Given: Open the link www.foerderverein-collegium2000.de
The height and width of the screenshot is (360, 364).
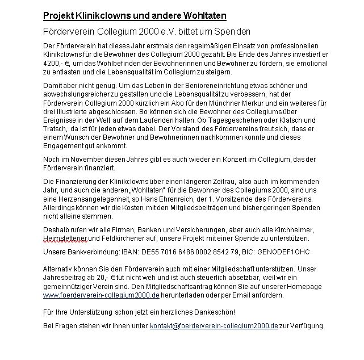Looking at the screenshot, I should (101, 296).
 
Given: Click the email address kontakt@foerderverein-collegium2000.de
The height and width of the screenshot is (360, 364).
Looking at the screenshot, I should (214, 326).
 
